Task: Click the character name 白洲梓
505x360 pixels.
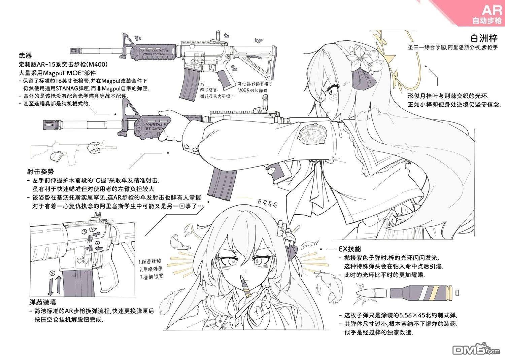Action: [484, 38]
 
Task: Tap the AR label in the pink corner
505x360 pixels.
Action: [492, 10]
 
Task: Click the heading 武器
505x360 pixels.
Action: [25, 56]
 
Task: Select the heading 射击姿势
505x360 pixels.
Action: [40, 172]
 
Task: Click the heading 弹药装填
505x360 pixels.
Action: [42, 302]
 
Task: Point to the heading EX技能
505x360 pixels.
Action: [350, 249]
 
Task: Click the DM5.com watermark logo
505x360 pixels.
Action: [476, 350]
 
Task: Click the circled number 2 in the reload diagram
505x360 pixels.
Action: [52, 273]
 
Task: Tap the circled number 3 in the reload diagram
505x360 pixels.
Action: [84, 231]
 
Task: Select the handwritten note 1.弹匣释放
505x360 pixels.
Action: [150, 261]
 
